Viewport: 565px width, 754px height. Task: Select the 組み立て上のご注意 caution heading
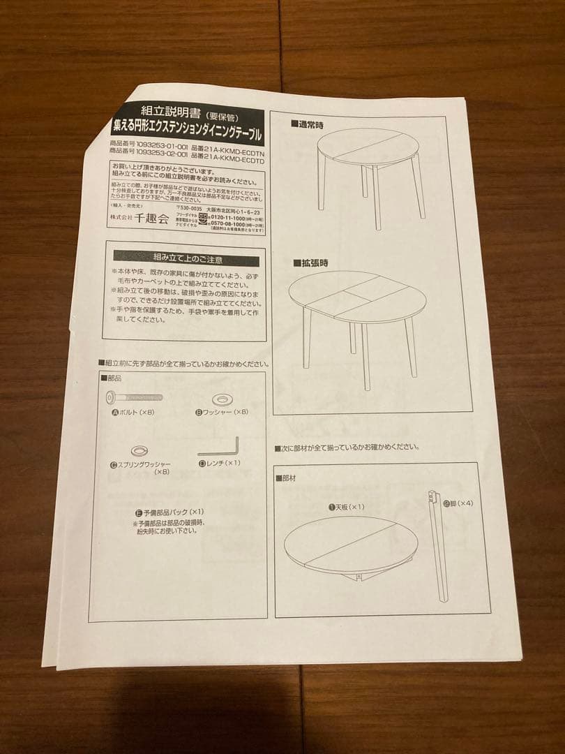(x=188, y=260)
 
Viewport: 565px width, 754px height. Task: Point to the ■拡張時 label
(x=311, y=263)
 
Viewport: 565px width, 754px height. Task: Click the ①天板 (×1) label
(x=347, y=507)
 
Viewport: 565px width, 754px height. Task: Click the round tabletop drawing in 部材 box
(x=350, y=545)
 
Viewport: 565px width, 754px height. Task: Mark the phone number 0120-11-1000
(x=236, y=218)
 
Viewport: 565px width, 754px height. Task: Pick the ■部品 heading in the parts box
(x=111, y=378)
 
